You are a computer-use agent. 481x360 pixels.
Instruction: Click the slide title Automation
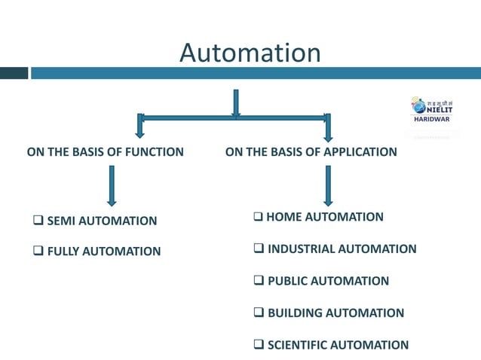[250, 52]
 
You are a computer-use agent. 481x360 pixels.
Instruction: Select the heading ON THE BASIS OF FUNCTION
[106, 152]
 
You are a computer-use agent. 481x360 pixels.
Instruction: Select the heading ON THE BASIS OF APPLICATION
[311, 152]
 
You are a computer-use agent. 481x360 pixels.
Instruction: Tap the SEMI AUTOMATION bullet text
[102, 221]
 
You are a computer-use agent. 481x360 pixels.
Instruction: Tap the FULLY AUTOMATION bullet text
[103, 252]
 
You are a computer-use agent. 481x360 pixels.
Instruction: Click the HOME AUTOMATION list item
[325, 217]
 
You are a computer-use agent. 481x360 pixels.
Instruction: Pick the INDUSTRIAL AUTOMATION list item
[342, 249]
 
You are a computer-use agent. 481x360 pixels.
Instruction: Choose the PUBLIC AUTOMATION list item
[328, 281]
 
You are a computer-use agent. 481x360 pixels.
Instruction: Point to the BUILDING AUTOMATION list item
[335, 313]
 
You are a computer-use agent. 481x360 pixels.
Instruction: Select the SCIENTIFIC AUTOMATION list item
[338, 345]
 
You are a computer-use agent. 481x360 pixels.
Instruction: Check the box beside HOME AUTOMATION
[259, 217]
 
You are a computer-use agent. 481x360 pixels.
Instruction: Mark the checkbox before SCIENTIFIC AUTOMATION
[259, 345]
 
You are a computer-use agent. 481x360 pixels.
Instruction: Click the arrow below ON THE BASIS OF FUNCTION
[112, 185]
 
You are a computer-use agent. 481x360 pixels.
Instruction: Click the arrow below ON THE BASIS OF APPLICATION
[327, 185]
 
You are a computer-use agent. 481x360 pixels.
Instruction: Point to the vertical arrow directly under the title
[236, 104]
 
